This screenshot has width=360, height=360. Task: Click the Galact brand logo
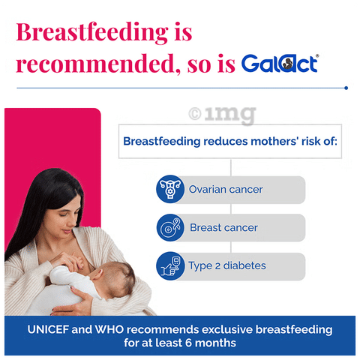pyautogui.click(x=280, y=63)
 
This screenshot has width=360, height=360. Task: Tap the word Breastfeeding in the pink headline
pyautogui.click(x=92, y=33)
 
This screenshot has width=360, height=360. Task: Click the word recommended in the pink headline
pyautogui.click(x=95, y=64)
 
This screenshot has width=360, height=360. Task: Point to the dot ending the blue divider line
pyautogui.click(x=346, y=88)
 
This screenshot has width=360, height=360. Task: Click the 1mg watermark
pyautogui.click(x=223, y=115)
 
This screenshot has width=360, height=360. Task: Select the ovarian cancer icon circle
pyautogui.click(x=170, y=189)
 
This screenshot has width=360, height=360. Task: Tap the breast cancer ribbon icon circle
pyautogui.click(x=170, y=227)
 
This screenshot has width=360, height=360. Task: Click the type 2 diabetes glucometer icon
pyautogui.click(x=170, y=266)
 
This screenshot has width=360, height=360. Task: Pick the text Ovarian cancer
pyautogui.click(x=226, y=189)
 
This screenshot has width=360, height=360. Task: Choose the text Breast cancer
pyautogui.click(x=223, y=227)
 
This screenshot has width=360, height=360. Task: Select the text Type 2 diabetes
pyautogui.click(x=227, y=266)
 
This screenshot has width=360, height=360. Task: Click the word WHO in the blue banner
pyautogui.click(x=109, y=329)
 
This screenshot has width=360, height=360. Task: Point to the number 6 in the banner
pyautogui.click(x=188, y=343)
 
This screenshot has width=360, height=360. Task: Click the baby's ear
pyautogui.click(x=97, y=274)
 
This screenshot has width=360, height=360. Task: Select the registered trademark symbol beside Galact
pyautogui.click(x=317, y=55)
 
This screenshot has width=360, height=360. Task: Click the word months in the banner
pyautogui.click(x=215, y=343)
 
